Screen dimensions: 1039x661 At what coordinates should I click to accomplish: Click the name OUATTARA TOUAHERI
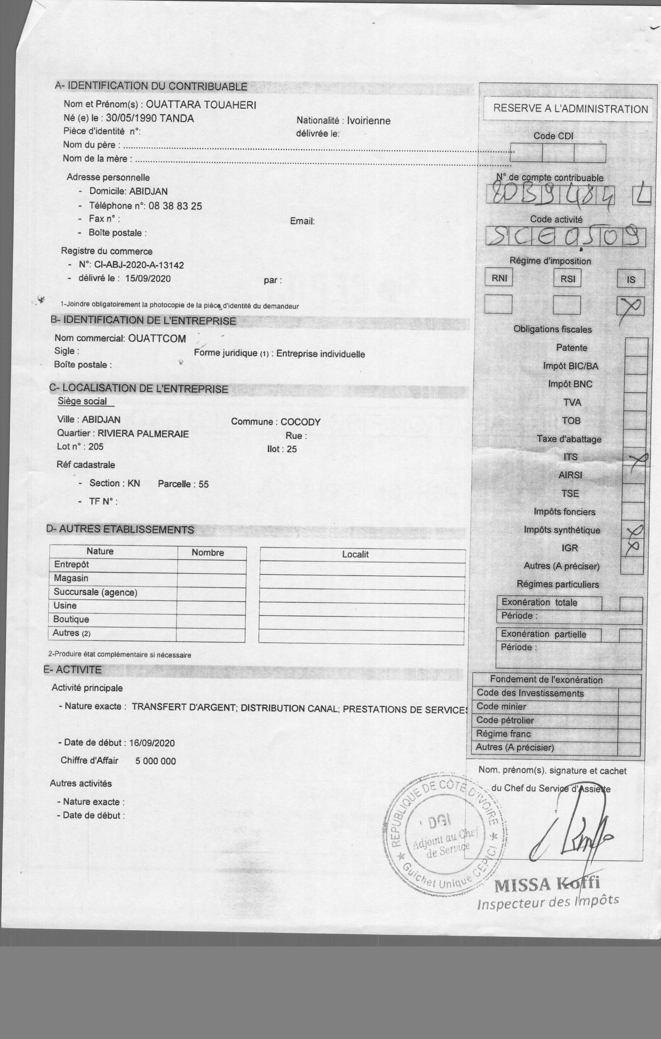pos(201,105)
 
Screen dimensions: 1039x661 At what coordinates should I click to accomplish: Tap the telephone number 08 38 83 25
pos(175,206)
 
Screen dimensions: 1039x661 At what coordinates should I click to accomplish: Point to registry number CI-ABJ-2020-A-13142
pos(139,265)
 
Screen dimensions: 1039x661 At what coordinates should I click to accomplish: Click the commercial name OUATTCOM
pos(157,339)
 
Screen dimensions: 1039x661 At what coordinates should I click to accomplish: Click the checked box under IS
pos(630,306)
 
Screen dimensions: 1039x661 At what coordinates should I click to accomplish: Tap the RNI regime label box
pos(499,278)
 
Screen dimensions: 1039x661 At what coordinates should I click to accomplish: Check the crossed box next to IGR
pos(632,547)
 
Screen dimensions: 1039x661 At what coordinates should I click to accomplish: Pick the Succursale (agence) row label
pos(95,592)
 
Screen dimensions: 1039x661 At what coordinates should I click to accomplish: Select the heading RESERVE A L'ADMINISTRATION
pos(570,109)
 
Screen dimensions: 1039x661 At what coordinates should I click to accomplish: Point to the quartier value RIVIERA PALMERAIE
pos(143,434)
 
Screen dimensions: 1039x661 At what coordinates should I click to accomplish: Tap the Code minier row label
pos(501,706)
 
